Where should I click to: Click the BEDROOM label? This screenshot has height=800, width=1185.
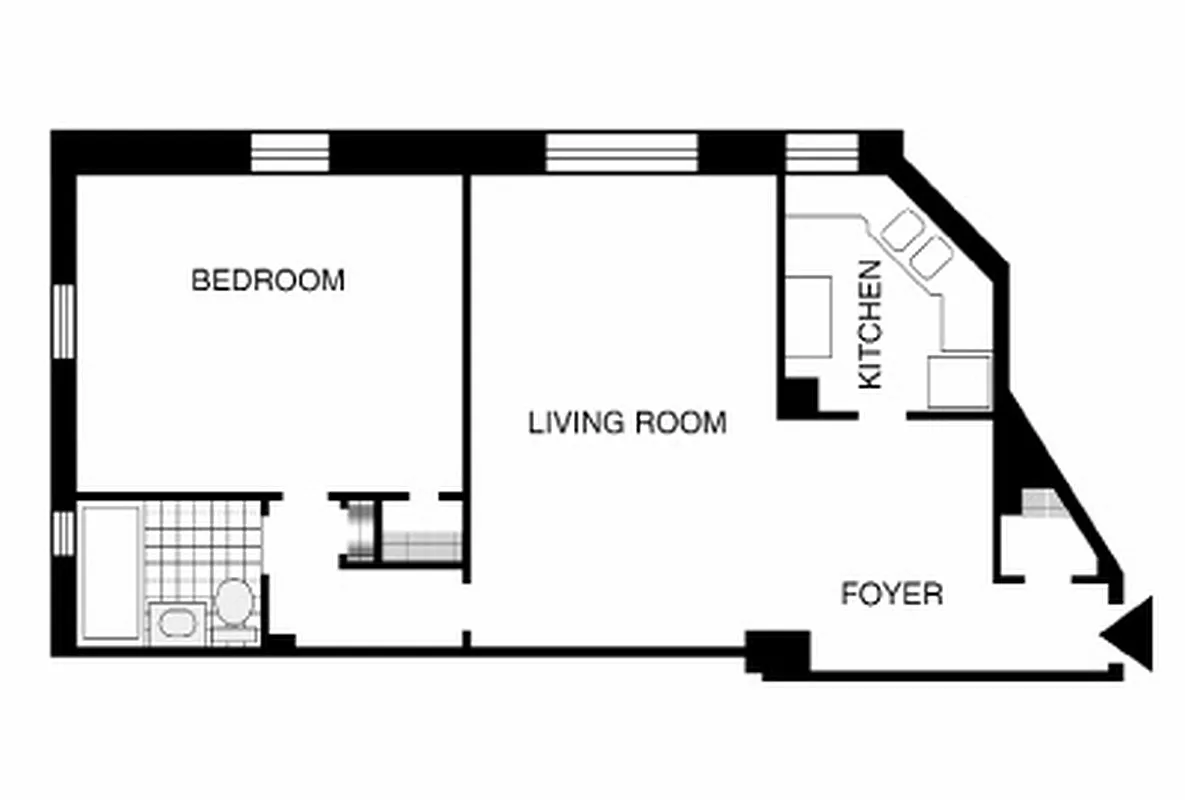click(267, 280)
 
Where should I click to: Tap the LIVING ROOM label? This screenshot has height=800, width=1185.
click(627, 423)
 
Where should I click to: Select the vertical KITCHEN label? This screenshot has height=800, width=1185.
click(871, 324)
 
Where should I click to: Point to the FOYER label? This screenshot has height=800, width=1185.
click(891, 595)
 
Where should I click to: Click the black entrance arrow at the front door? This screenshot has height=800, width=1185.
click(1131, 633)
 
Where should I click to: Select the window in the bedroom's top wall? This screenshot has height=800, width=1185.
click(289, 153)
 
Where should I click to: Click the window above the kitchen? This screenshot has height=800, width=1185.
click(822, 153)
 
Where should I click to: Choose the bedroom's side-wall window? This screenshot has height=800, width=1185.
click(64, 321)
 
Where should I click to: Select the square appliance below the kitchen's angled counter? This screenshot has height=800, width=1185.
click(958, 381)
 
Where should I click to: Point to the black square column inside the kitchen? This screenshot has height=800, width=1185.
click(799, 397)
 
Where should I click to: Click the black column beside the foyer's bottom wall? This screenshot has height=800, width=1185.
click(778, 653)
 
